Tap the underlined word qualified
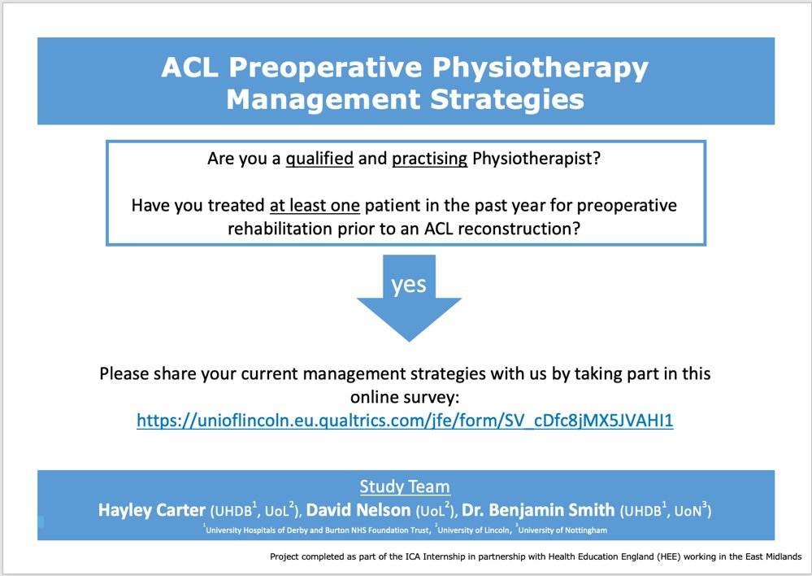pyautogui.click(x=319, y=159)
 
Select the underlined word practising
pyautogui.click(x=429, y=159)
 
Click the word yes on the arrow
pyautogui.click(x=409, y=286)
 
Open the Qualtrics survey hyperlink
pyautogui.click(x=405, y=421)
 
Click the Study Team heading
pyautogui.click(x=405, y=487)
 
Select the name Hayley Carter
pyautogui.click(x=152, y=511)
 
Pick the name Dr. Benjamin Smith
pyautogui.click(x=541, y=511)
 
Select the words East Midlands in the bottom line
pyautogui.click(x=771, y=556)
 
